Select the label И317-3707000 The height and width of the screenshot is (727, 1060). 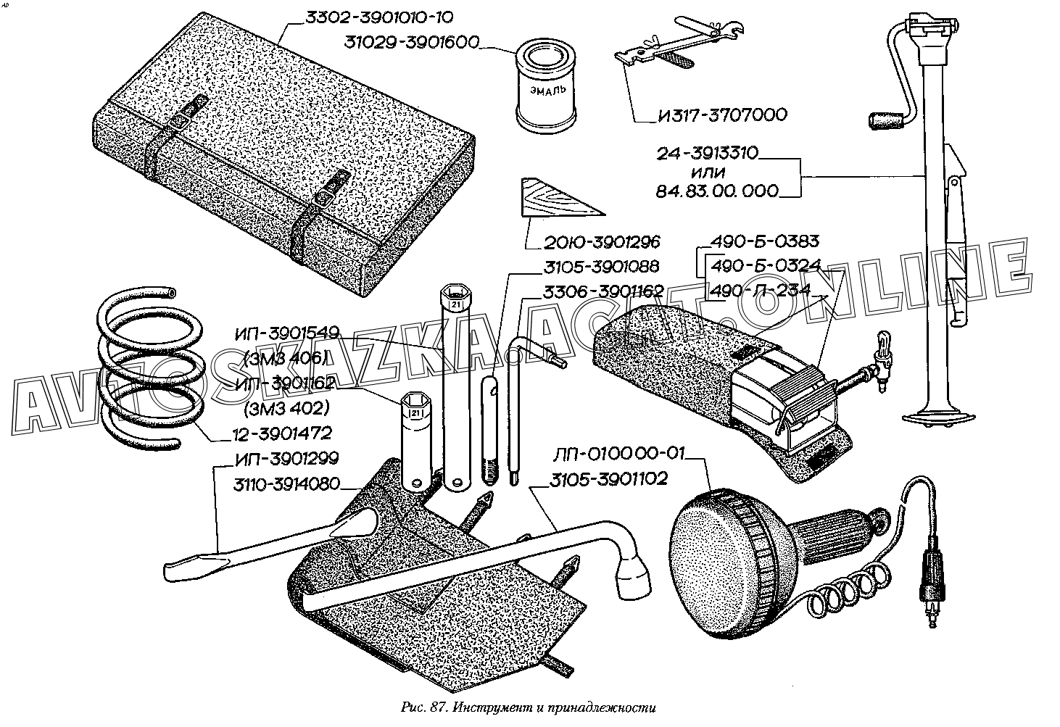pos(712,115)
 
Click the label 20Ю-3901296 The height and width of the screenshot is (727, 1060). pos(595,242)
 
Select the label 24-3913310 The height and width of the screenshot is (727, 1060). pos(708,154)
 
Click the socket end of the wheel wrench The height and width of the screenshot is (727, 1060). pos(634,574)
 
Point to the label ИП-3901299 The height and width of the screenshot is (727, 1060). pos(287,459)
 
